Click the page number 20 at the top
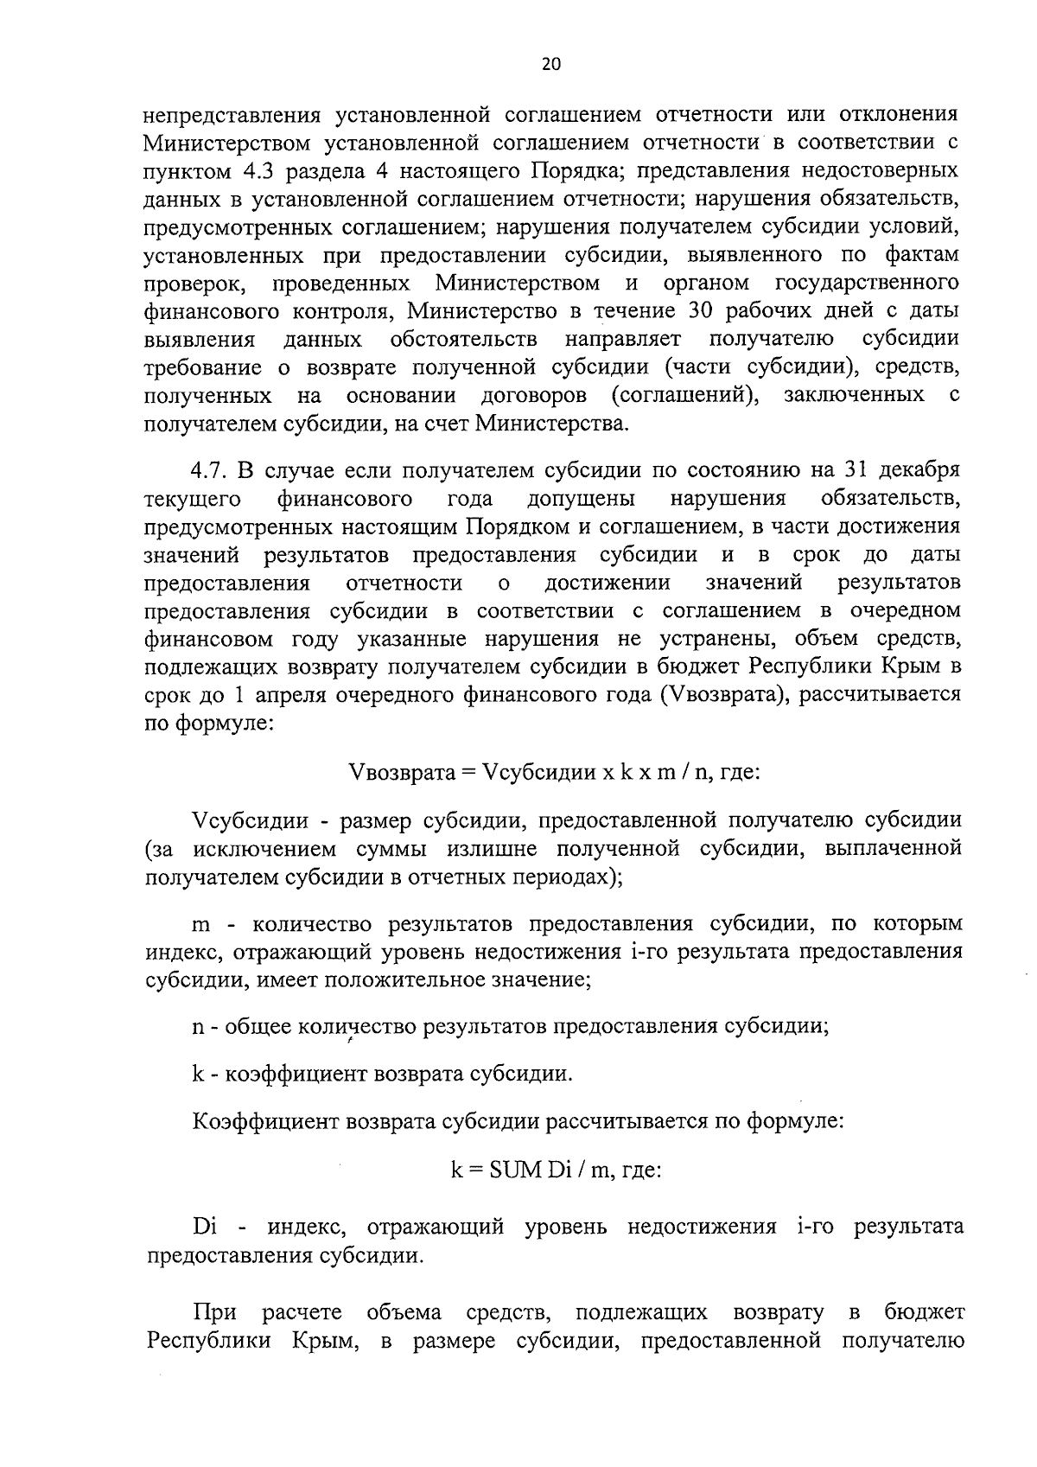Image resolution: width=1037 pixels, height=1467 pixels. (550, 65)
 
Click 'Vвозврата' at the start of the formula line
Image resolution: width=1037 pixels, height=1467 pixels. (401, 772)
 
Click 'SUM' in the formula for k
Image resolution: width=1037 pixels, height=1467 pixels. (516, 1170)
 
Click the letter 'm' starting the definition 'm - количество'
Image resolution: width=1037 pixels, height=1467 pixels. (200, 925)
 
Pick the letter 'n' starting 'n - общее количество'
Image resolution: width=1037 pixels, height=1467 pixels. (198, 1027)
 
